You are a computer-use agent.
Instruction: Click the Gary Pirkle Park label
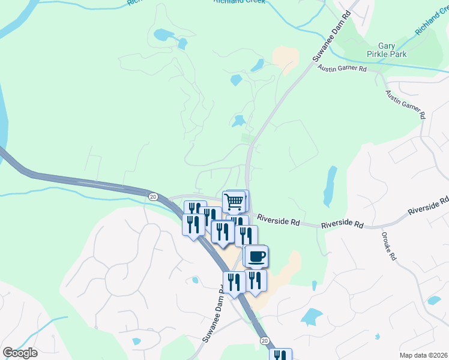[392, 50]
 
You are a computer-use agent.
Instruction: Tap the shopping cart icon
[234, 201]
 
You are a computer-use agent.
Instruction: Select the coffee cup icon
[256, 256]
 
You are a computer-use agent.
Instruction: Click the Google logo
[20, 353]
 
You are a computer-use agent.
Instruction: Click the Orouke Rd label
[388, 246]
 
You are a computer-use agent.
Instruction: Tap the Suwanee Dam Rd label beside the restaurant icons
[214, 315]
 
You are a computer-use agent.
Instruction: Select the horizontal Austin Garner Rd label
[342, 69]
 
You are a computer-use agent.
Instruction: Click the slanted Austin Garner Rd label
[406, 104]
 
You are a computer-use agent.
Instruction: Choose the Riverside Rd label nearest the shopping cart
[279, 221]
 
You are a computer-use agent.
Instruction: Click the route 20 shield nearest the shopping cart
[152, 196]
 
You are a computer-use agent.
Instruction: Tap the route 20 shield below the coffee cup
[264, 340]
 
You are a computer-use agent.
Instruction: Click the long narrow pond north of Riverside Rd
[329, 185]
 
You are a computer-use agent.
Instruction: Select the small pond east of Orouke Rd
[433, 300]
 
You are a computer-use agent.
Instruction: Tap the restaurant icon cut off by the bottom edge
[280, 355]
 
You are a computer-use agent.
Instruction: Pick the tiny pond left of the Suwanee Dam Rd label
[195, 280]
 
